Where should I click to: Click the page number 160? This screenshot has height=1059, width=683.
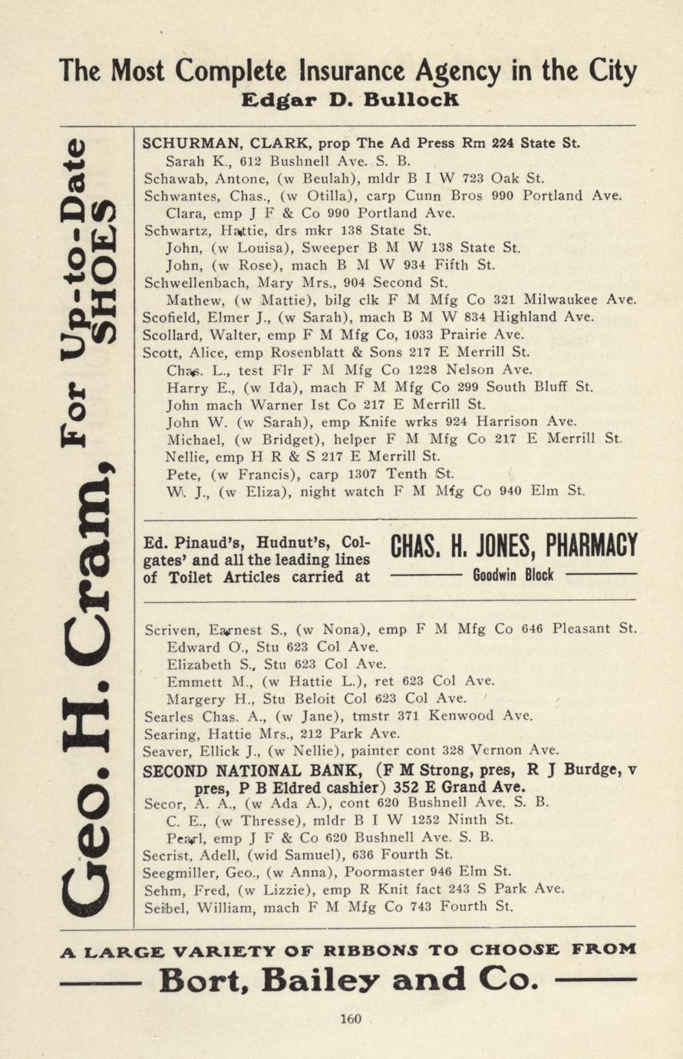pos(350,1019)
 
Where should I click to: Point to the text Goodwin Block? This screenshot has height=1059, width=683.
pos(513,575)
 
